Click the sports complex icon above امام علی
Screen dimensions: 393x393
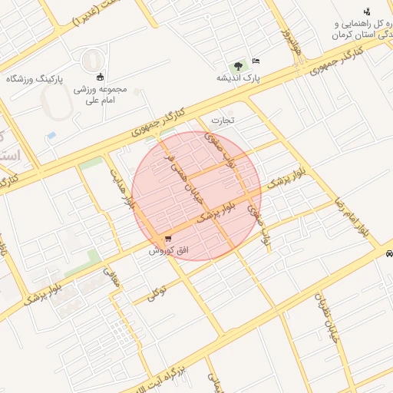click(x=100, y=76)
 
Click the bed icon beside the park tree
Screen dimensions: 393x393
click(x=256, y=61)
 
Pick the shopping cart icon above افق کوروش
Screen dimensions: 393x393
click(x=168, y=239)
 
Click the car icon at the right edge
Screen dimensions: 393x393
click(x=388, y=253)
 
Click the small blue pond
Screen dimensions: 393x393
click(x=51, y=136)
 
